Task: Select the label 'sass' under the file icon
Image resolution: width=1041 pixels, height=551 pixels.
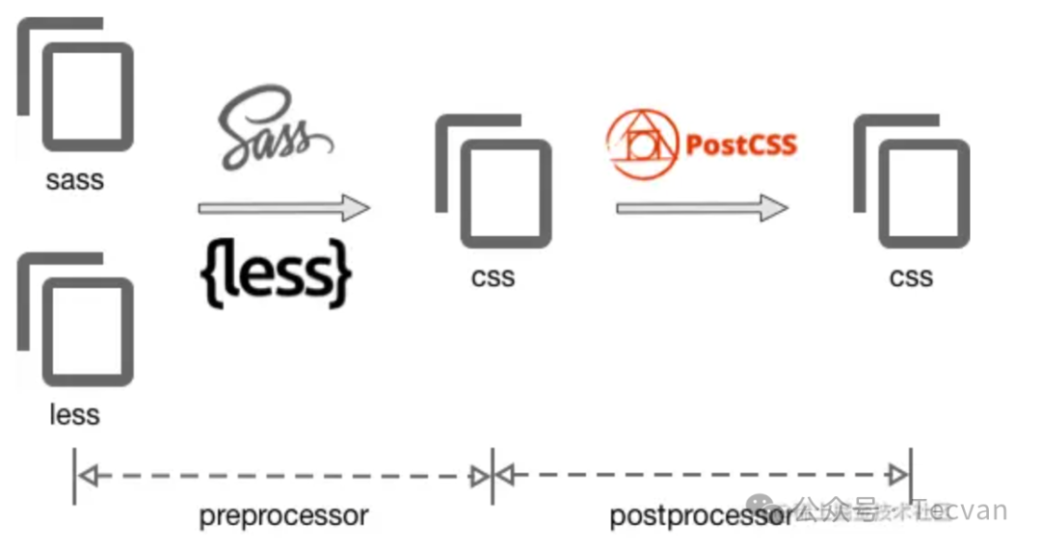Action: click(74, 179)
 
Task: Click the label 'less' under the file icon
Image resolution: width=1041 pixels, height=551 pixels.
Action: click(74, 415)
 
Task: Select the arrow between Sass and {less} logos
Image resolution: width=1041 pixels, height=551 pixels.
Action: click(283, 207)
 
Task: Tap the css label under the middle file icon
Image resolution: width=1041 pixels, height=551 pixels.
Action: click(494, 277)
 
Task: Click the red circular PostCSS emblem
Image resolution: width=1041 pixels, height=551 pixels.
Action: click(641, 144)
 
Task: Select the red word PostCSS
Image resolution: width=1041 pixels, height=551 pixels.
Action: click(740, 144)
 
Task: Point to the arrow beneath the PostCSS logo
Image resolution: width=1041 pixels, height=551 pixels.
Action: click(702, 207)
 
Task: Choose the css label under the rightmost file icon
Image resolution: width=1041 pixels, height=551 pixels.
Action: click(912, 277)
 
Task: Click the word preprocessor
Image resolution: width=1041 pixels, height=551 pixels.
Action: click(283, 515)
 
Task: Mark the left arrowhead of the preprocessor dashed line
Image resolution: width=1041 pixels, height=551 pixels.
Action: click(88, 476)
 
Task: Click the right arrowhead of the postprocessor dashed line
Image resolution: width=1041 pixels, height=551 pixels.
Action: click(898, 475)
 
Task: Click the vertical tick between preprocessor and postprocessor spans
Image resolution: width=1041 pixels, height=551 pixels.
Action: click(493, 475)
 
